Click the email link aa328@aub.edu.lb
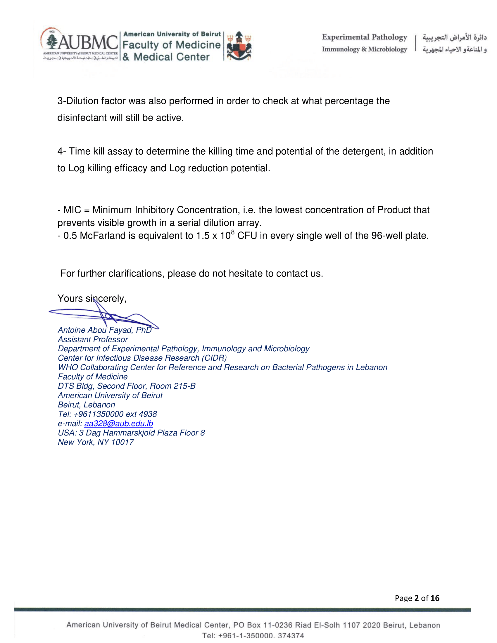point(118,424)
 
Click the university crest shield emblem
point(239,47)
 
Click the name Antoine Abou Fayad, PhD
point(105,330)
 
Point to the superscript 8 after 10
point(233,232)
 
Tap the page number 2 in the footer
point(416,598)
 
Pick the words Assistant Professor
point(93,339)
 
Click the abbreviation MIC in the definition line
point(72,210)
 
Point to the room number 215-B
point(184,386)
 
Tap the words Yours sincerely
point(92,298)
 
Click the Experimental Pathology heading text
point(365,37)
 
